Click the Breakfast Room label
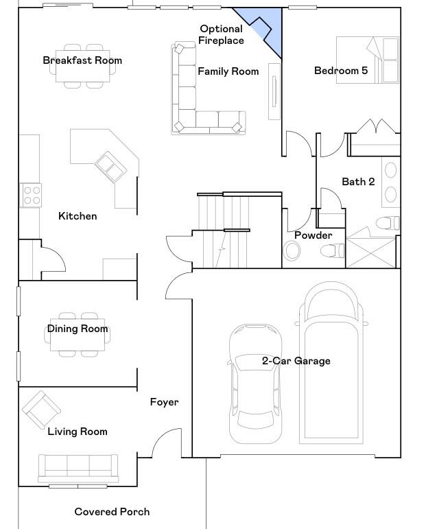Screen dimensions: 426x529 [x=82, y=60]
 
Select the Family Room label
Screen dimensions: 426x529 [x=228, y=71]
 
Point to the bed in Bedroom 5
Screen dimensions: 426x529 [x=368, y=60]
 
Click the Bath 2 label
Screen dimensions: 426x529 [x=358, y=182]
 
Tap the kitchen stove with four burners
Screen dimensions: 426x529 [x=31, y=195]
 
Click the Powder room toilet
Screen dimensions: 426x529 [x=332, y=250]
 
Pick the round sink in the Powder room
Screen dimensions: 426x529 [x=292, y=251]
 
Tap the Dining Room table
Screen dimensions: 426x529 [x=78, y=334]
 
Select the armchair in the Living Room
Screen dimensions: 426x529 [x=41, y=410]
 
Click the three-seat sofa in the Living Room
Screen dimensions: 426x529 [x=78, y=469]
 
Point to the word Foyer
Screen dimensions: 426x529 [x=164, y=402]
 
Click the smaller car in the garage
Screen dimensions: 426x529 [x=255, y=384]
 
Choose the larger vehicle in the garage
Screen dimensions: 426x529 [x=331, y=363]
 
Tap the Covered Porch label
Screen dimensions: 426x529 [x=112, y=512]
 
